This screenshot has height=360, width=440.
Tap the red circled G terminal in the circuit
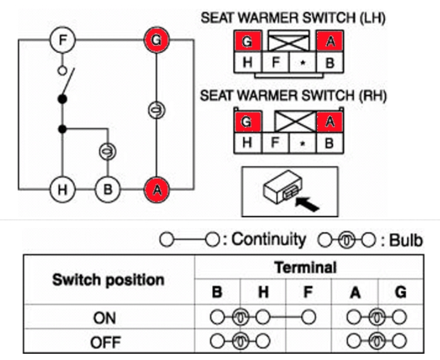(x=156, y=41)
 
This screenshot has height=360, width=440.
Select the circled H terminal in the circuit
(x=62, y=189)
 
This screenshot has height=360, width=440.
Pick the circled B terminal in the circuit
(x=107, y=189)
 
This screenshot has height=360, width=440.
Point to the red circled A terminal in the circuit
(x=156, y=189)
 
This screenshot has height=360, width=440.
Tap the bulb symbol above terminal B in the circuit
(x=107, y=151)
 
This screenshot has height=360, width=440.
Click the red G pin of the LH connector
(x=247, y=42)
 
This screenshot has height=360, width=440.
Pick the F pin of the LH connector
(x=275, y=62)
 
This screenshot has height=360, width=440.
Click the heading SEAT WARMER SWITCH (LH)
(x=293, y=18)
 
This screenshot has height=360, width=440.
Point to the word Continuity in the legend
(x=269, y=239)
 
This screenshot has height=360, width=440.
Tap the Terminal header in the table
(x=305, y=267)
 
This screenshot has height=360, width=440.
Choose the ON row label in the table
(x=104, y=317)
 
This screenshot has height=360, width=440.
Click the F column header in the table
(x=308, y=292)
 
